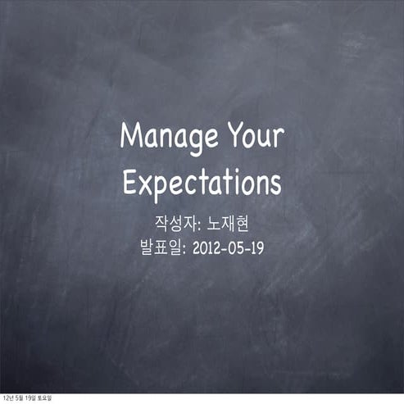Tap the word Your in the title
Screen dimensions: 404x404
tap(255, 136)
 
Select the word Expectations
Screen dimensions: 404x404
tap(202, 181)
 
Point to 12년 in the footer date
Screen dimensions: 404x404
tap(7, 399)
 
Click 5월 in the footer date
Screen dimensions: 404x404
tap(19, 399)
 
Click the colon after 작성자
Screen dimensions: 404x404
tap(197, 223)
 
